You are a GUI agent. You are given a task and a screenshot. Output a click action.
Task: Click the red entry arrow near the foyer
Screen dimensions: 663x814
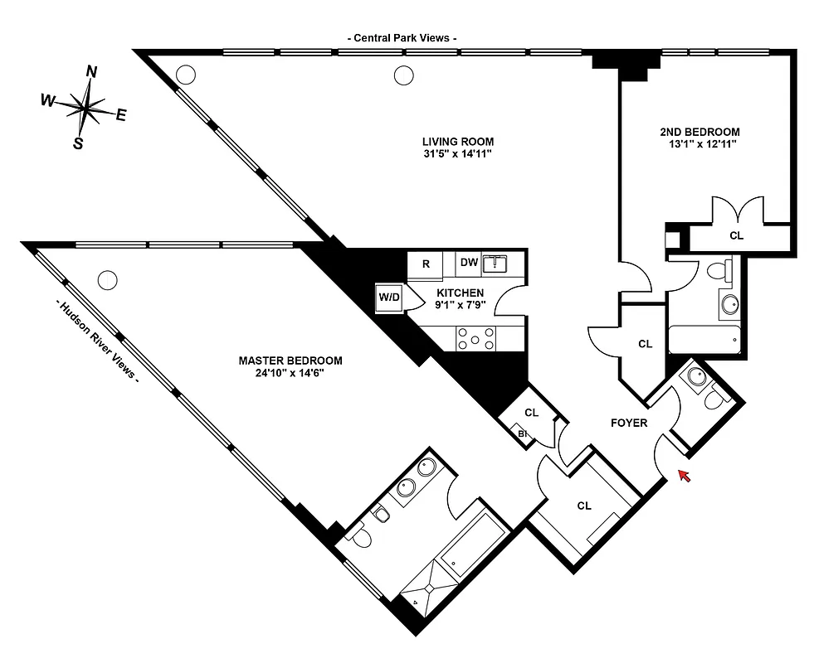click(684, 475)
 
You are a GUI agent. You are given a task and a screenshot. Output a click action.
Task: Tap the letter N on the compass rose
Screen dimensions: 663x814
click(91, 72)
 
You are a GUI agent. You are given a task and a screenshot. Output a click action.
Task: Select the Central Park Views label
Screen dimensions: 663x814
click(402, 38)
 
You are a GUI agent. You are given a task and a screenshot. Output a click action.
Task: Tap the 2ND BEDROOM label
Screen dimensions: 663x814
click(699, 132)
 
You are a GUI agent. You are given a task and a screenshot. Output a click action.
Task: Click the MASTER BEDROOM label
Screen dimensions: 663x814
click(290, 361)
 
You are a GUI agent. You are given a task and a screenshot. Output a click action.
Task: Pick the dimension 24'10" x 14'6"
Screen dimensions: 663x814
click(290, 373)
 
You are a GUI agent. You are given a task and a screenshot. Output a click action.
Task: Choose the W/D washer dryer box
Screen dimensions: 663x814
click(388, 297)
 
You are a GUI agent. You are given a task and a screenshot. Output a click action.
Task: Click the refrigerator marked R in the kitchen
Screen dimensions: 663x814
click(426, 264)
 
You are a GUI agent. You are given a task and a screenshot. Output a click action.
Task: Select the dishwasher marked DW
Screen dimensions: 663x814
click(469, 263)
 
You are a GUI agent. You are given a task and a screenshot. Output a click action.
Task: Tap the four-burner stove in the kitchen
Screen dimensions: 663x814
click(476, 338)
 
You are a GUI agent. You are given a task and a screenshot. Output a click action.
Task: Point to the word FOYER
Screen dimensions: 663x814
click(628, 423)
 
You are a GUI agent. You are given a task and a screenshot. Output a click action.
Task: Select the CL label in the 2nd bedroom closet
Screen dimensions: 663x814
click(736, 236)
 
